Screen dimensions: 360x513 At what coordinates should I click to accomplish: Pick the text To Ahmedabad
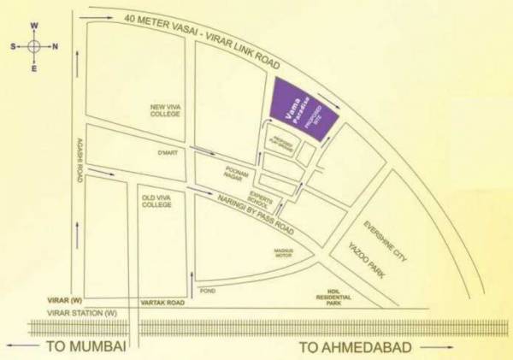click(x=354, y=346)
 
